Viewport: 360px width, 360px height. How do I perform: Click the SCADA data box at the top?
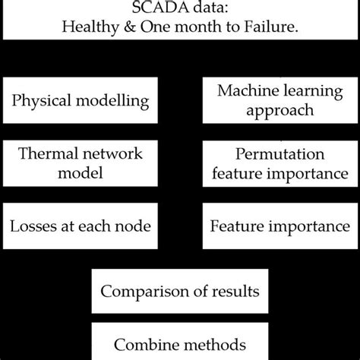tap(180, 19)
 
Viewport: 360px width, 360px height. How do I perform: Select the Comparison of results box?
tap(180, 290)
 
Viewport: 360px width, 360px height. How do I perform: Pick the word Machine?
tap(242, 91)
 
